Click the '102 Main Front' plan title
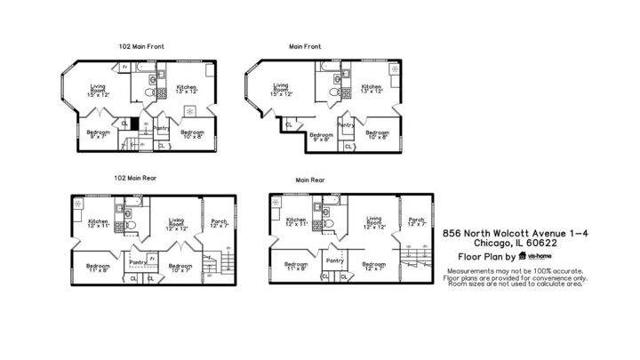tap(140, 45)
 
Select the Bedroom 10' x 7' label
tap(180, 267)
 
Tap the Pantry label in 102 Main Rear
tap(138, 261)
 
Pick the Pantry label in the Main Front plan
tap(346, 125)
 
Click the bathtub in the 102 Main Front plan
tap(148, 66)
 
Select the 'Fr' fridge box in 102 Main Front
tap(125, 67)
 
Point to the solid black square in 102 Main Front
tap(134, 124)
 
